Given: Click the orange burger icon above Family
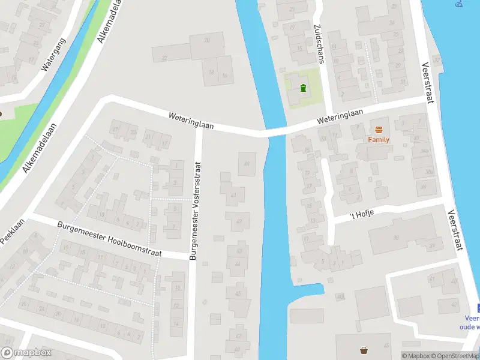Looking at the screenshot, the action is point(379,130).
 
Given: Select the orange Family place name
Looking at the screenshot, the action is point(379,140).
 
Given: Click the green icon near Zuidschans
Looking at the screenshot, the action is point(303,89).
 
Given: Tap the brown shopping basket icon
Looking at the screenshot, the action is point(364,350).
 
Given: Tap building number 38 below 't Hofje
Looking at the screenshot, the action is point(396,238).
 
